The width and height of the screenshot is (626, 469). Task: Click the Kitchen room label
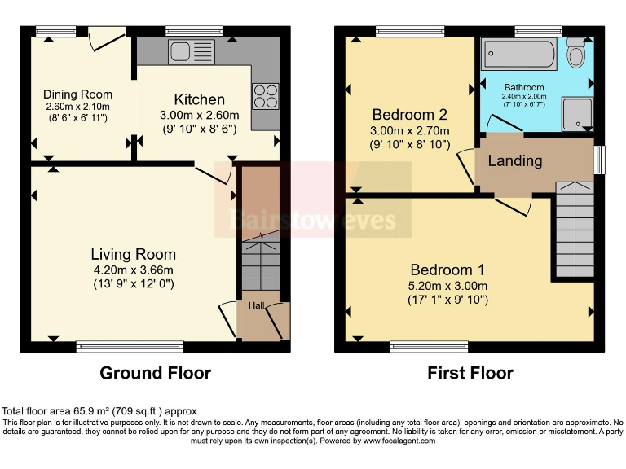pyautogui.click(x=199, y=99)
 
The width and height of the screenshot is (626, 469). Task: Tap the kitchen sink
pyautogui.click(x=191, y=51)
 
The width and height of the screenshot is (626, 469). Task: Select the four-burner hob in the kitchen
pyautogui.click(x=265, y=97)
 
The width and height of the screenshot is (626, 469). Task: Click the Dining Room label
pyautogui.click(x=77, y=94)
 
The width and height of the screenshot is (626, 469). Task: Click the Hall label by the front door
pyautogui.click(x=257, y=306)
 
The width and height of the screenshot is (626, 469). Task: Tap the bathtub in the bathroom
pyautogui.click(x=519, y=55)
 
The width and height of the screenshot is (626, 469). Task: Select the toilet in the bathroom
pyautogui.click(x=576, y=53)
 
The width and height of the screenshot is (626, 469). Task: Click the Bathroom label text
pyautogui.click(x=524, y=86)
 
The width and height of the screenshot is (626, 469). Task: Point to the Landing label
pyautogui.click(x=514, y=160)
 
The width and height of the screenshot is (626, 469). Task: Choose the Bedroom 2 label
pyautogui.click(x=409, y=114)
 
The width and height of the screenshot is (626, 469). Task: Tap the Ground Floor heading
pyautogui.click(x=155, y=373)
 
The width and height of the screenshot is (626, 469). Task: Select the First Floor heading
pyautogui.click(x=470, y=373)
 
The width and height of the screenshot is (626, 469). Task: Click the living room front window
pyautogui.click(x=130, y=347)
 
